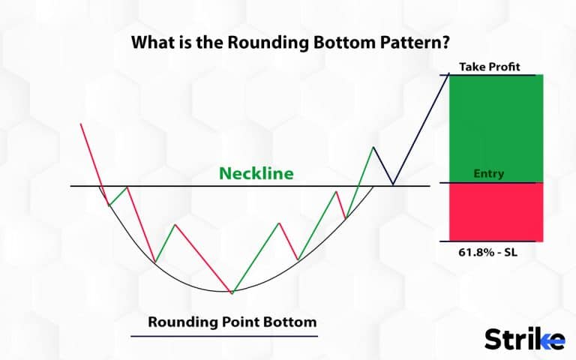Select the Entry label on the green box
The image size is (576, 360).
pos(489,174)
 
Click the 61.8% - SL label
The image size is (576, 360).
pos(487,253)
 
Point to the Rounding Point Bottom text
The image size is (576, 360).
pos(232,322)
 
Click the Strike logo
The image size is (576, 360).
pos(524,339)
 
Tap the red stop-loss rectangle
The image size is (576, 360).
pos(496,212)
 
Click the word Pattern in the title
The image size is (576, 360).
pos(411,42)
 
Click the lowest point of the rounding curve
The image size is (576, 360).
pos(232,292)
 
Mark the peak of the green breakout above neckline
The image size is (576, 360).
pos(373,146)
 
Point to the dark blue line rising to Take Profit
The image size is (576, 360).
pos(421,128)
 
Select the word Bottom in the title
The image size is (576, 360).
pos(335,42)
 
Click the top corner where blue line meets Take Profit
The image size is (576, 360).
pos(449,74)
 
